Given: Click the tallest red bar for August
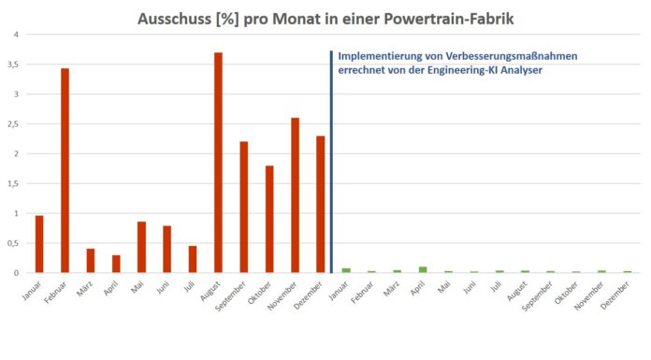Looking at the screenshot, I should pyautogui.click(x=218, y=163).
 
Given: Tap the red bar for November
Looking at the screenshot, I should pyautogui.click(x=295, y=195).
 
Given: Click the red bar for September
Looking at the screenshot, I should pyautogui.click(x=243, y=207).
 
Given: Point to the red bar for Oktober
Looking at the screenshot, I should pyautogui.click(x=269, y=219).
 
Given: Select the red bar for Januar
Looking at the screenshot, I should pyautogui.click(x=39, y=244).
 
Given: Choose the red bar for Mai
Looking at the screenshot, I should pyautogui.click(x=141, y=247).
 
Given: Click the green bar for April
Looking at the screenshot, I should pyautogui.click(x=423, y=269).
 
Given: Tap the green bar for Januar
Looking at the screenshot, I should pyautogui.click(x=346, y=270).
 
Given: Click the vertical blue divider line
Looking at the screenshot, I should pyautogui.click(x=331, y=159).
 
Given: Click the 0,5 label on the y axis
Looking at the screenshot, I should pyautogui.click(x=11, y=243).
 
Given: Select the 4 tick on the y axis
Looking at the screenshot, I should pyautogui.click(x=15, y=35).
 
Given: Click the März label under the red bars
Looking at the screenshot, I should pyautogui.click(x=86, y=288).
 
